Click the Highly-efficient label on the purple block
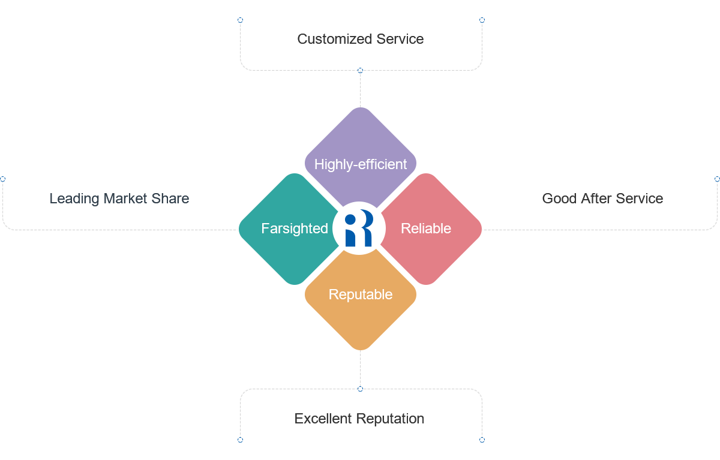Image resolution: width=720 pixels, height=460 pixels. click(x=361, y=164)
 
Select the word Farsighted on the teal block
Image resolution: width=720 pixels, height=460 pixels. click(x=295, y=229)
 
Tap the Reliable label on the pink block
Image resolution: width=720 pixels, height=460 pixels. click(x=426, y=229)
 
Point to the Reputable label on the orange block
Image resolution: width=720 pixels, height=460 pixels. click(x=361, y=294)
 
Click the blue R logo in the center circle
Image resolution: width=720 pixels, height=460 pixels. click(x=359, y=229)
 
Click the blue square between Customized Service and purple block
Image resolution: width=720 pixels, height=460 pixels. click(x=360, y=71)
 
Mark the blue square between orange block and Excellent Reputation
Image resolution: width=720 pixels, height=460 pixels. click(x=360, y=389)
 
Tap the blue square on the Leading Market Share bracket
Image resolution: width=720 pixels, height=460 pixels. click(x=3, y=179)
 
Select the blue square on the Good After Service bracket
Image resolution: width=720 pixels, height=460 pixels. click(x=716, y=179)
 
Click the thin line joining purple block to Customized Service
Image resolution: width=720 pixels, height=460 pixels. click(x=360, y=90)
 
